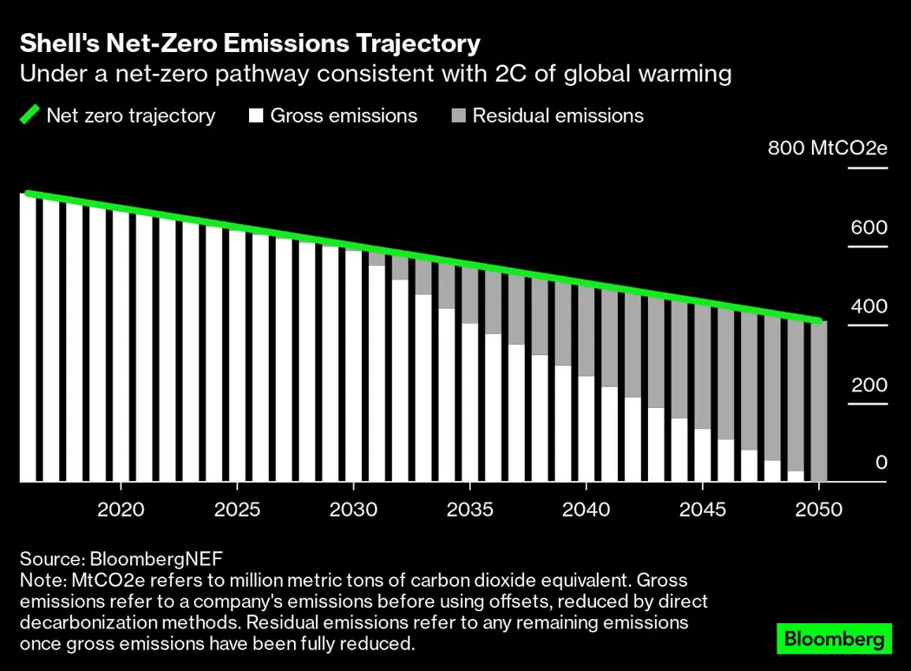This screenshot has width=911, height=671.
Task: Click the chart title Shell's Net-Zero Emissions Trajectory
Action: coord(250,43)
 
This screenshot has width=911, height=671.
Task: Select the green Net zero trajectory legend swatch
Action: coord(29,115)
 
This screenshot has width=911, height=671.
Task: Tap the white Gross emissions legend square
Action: coord(256,115)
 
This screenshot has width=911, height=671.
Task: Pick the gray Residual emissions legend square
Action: coord(457,115)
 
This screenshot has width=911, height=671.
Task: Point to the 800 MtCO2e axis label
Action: coord(827,148)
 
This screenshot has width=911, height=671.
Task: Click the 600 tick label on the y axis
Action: coord(868,227)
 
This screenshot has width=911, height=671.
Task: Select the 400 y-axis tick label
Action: coord(868,306)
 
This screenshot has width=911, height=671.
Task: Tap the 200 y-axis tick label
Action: coord(868,385)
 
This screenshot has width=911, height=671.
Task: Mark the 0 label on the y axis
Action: coord(881,463)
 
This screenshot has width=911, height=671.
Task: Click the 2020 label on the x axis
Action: coord(121,510)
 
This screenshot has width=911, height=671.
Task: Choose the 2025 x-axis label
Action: coord(237,510)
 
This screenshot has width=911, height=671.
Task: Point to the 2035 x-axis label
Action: coord(469,510)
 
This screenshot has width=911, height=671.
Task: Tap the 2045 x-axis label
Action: coord(703,510)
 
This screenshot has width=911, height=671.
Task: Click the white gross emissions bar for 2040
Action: coord(587,429)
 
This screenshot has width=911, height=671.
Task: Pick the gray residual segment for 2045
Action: coord(703,365)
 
